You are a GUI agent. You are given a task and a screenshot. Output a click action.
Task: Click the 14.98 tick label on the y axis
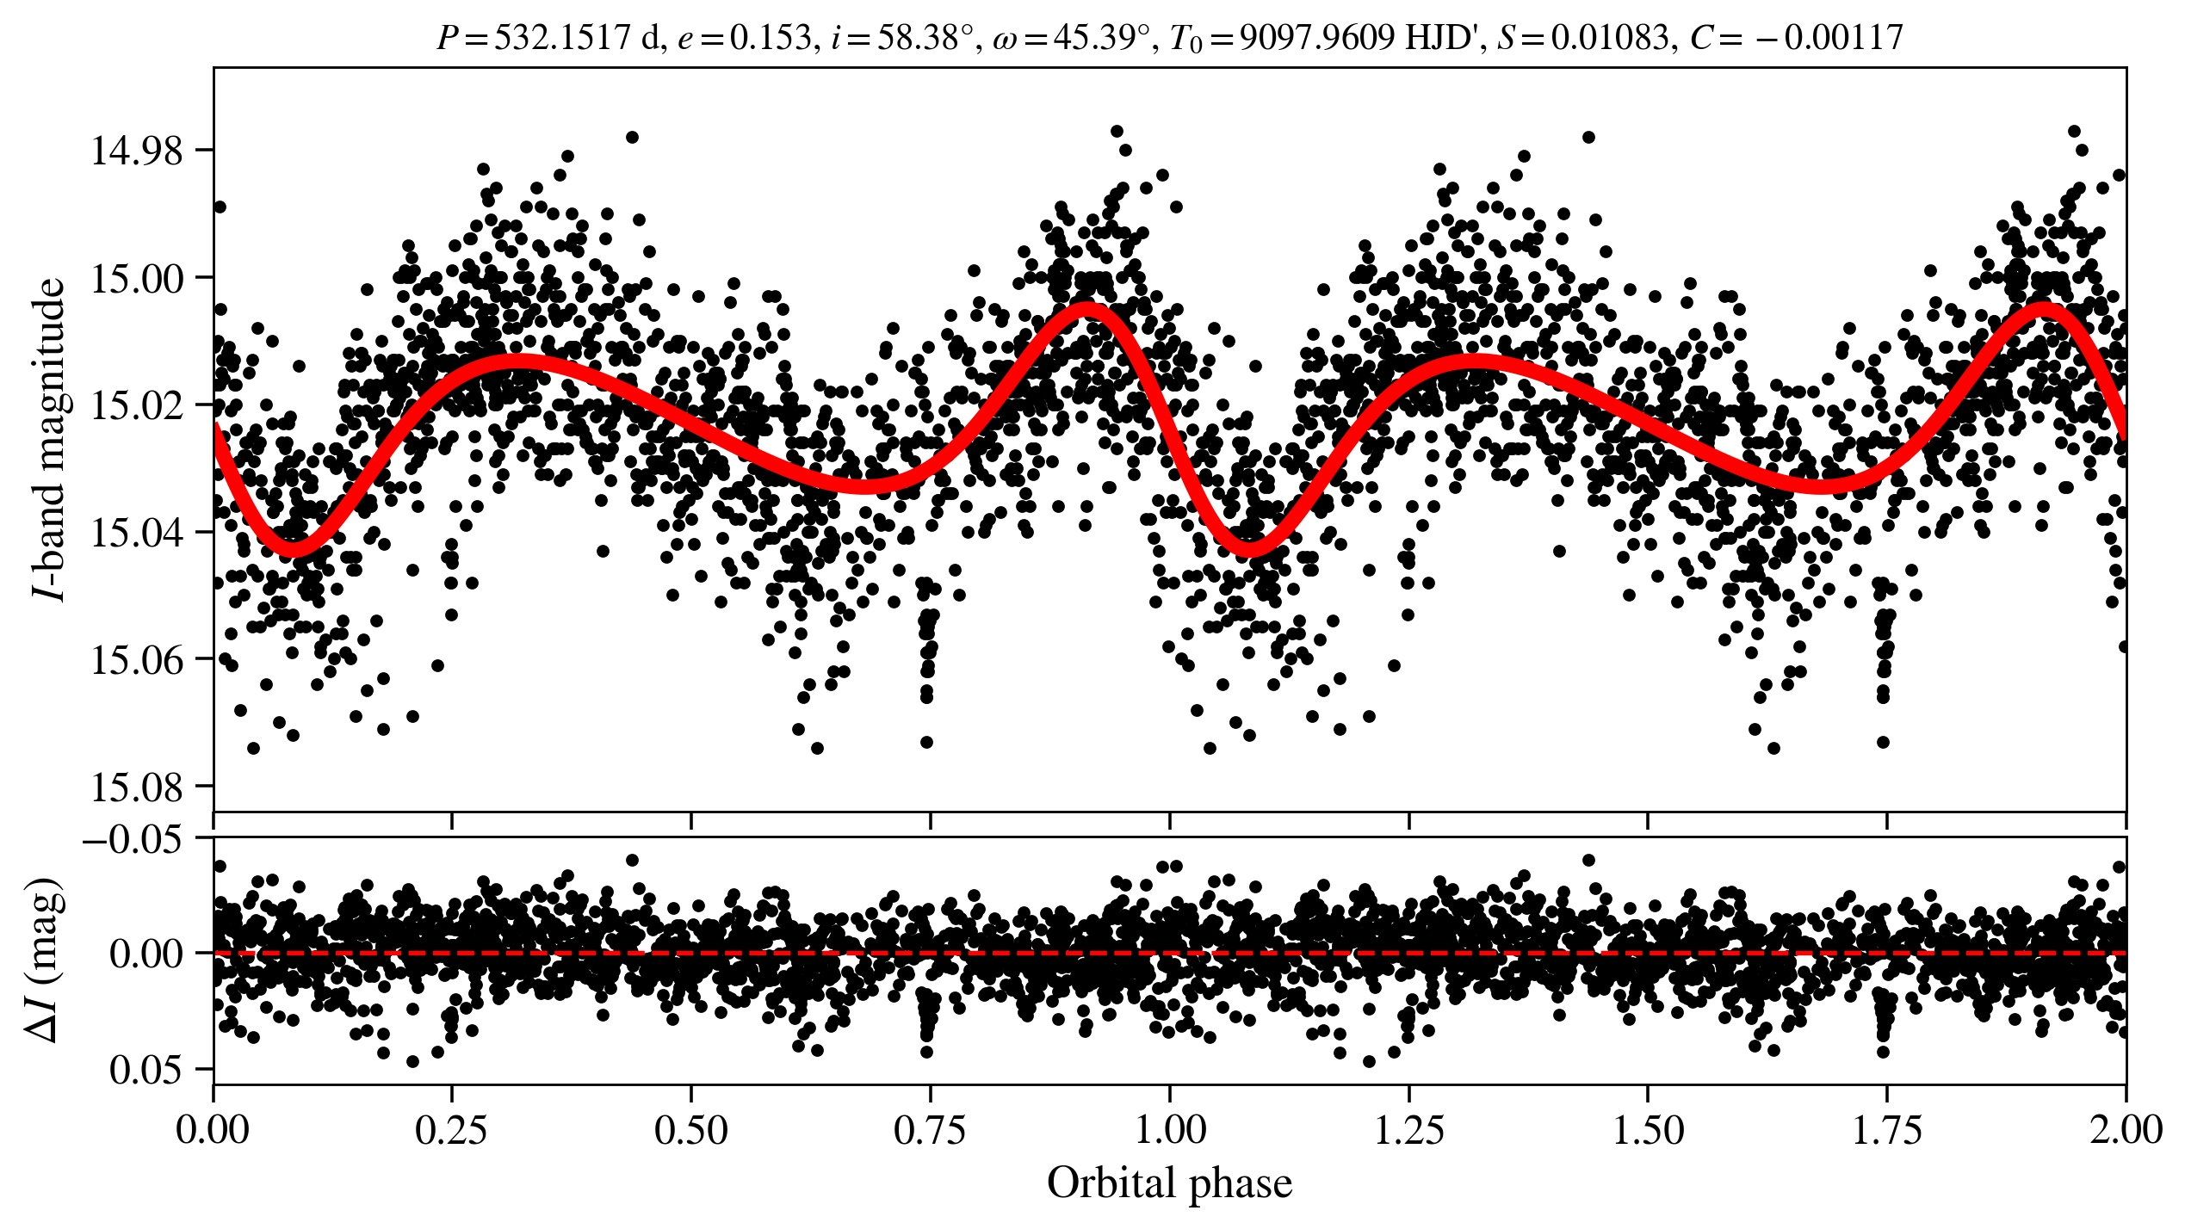coord(137,151)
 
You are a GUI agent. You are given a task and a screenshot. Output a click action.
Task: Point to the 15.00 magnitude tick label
coord(137,279)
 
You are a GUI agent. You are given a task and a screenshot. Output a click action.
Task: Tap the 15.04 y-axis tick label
coord(137,534)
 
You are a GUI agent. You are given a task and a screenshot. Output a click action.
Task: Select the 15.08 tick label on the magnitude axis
coord(137,787)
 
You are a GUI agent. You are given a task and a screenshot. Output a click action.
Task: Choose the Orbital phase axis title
coord(1169,1183)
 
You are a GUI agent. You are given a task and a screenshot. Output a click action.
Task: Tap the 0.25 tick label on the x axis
coord(452,1130)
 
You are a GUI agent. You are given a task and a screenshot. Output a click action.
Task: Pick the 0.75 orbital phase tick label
coord(930,1130)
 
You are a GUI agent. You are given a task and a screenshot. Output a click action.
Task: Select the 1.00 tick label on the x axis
coord(1169,1130)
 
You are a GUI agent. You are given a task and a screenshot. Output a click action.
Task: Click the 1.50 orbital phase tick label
coord(1647,1130)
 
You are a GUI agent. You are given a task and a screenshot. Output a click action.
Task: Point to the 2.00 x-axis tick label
coord(2125,1130)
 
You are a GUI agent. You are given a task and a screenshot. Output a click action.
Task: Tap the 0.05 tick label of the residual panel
coord(145,1070)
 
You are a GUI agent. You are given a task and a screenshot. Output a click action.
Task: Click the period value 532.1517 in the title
coord(562,38)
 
